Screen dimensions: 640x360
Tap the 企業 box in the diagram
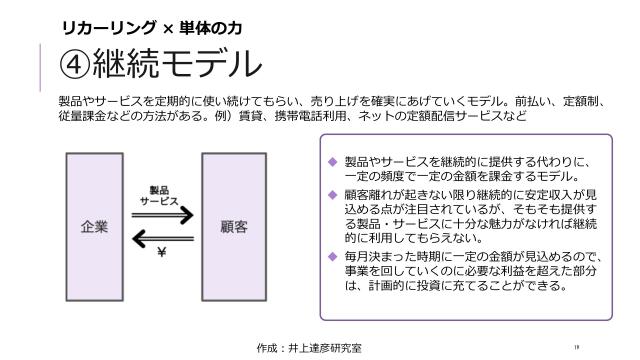(x=96, y=226)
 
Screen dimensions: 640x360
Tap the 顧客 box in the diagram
(x=234, y=226)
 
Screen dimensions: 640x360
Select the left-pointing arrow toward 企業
(x=164, y=237)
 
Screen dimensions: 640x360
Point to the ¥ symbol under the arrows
(x=161, y=252)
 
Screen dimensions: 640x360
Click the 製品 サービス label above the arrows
(x=161, y=194)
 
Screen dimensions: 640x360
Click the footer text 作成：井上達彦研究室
(x=310, y=347)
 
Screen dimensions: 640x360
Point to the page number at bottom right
(x=577, y=347)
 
